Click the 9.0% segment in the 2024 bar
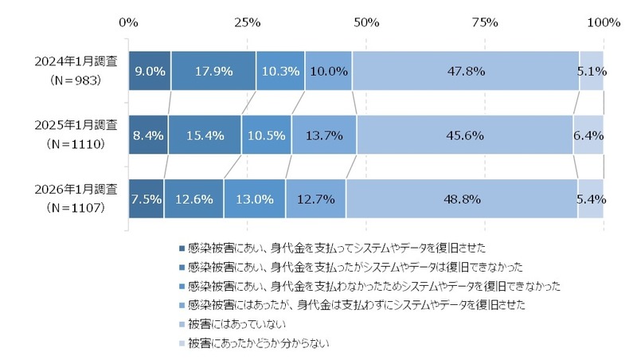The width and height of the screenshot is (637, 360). (x=149, y=70)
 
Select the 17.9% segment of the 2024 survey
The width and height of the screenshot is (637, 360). (x=213, y=70)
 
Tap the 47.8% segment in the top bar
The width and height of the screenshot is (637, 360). (x=465, y=70)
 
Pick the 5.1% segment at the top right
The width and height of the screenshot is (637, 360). (x=591, y=70)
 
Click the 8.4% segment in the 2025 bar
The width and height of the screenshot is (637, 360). (x=147, y=135)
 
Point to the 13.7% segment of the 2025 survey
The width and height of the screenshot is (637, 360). (x=323, y=135)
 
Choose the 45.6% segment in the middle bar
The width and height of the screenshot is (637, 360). (x=465, y=135)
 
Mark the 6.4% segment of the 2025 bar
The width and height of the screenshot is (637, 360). (x=588, y=135)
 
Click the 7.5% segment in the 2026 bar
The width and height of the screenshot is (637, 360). (x=146, y=199)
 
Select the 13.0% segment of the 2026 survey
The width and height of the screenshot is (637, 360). (x=254, y=199)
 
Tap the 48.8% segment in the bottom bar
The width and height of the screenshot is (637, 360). (x=462, y=199)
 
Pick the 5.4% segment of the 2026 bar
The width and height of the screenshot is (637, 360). (x=590, y=199)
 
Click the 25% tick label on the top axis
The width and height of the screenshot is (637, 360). (x=247, y=22)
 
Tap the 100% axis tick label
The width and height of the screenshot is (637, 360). (x=603, y=22)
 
